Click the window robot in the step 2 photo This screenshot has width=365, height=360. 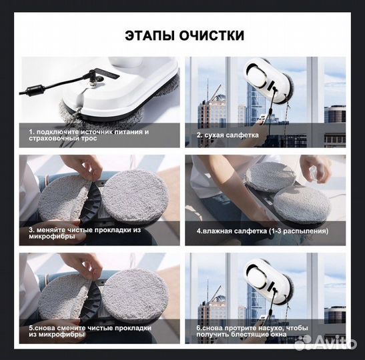(x=268, y=80)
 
